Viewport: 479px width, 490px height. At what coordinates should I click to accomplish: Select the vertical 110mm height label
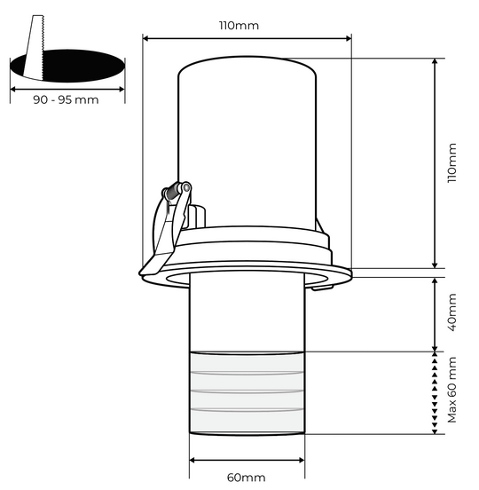pyautogui.click(x=452, y=162)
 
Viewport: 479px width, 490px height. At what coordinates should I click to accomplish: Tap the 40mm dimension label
pyautogui.click(x=452, y=313)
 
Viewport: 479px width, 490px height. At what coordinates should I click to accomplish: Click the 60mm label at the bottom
pyautogui.click(x=246, y=478)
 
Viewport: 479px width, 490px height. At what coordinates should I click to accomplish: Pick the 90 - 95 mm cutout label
pyautogui.click(x=67, y=101)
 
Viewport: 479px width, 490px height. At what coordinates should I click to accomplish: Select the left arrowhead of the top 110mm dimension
pyautogui.click(x=146, y=38)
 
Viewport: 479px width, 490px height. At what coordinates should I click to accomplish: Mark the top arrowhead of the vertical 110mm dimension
pyautogui.click(x=435, y=63)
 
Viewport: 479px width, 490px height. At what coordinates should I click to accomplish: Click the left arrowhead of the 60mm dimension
pyautogui.click(x=193, y=462)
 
